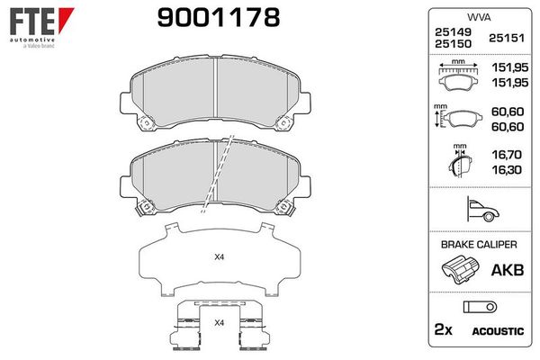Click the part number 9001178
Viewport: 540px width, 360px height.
coord(219,17)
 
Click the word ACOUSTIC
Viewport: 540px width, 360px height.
coord(498,331)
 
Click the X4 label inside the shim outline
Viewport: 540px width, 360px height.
coord(218,258)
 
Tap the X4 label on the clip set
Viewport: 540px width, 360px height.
coord(218,322)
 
